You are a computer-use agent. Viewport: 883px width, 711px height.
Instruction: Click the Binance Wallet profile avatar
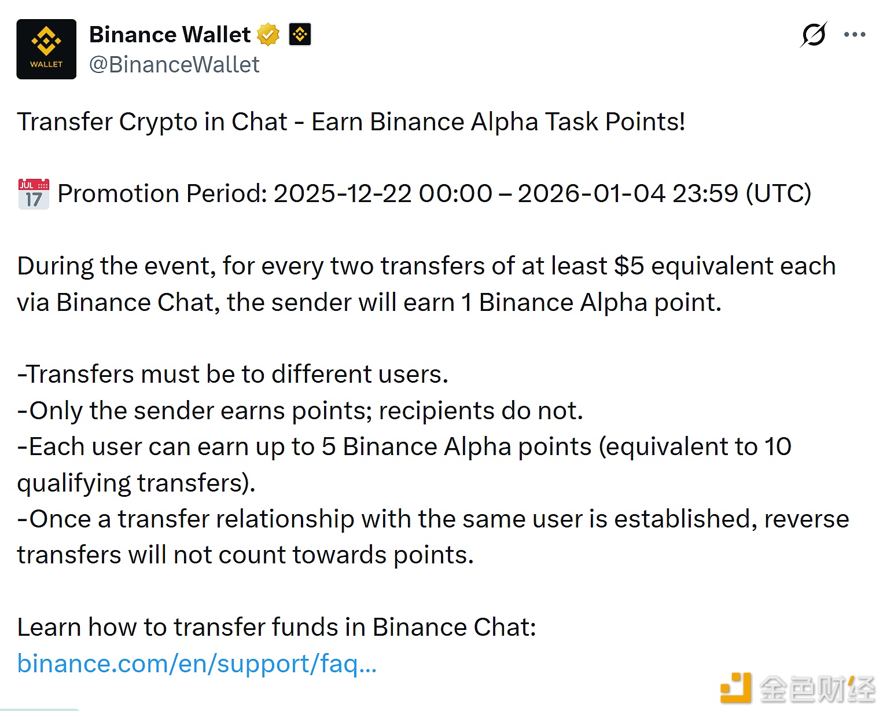(46, 49)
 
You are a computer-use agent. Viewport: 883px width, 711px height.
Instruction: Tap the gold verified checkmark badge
(268, 35)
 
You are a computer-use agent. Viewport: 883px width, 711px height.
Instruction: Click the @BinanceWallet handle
(174, 65)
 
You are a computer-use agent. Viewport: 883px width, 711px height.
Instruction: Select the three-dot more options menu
(855, 35)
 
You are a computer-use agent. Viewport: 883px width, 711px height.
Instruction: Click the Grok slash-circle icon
(814, 35)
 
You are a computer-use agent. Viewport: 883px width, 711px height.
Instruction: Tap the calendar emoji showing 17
(34, 194)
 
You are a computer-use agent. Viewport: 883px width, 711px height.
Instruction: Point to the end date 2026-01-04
(591, 194)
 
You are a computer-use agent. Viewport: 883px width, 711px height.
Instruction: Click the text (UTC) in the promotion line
(778, 194)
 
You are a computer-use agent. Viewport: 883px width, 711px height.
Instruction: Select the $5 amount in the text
(629, 266)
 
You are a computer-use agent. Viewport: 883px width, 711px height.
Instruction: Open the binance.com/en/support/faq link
(197, 664)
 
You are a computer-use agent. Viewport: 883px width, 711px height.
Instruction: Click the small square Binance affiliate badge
(300, 35)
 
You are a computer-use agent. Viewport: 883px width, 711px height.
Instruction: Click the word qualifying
(73, 483)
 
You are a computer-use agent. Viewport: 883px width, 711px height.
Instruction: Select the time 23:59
(705, 194)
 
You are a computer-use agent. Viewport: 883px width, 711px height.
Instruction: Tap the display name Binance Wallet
(170, 35)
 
